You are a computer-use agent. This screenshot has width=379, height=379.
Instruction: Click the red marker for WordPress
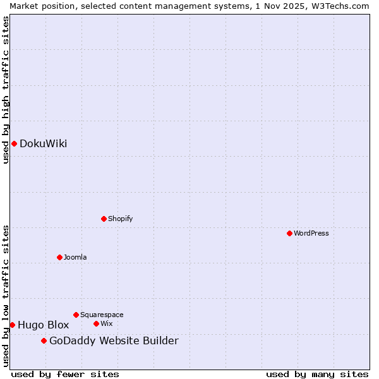[x=289, y=233]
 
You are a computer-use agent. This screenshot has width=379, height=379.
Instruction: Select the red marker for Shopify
[x=104, y=219]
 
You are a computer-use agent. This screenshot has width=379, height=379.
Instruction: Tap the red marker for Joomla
[x=59, y=257]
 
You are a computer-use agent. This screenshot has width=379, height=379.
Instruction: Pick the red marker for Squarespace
[x=76, y=315]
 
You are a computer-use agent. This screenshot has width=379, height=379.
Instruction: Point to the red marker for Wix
[x=96, y=323]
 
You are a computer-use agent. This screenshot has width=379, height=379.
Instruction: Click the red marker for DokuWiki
[x=14, y=143]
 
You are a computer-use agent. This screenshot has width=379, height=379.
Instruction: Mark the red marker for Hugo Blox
[x=12, y=325]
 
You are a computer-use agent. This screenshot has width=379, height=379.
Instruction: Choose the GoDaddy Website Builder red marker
[x=44, y=341]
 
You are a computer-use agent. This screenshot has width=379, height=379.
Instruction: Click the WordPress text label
[x=311, y=233]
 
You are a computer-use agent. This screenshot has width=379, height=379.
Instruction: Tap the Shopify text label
[x=120, y=219]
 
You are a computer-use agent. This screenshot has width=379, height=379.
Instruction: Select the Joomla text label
[x=75, y=257]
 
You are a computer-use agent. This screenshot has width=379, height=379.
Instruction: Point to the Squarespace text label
[x=102, y=315]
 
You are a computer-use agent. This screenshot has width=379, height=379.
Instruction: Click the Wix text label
[x=107, y=323]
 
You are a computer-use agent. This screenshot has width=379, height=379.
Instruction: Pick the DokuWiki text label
[x=43, y=143]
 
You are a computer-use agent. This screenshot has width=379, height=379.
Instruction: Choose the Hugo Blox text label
[x=43, y=325]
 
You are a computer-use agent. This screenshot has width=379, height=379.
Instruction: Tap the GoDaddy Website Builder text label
[x=114, y=341]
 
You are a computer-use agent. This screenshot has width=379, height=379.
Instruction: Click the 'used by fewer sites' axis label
[x=65, y=375]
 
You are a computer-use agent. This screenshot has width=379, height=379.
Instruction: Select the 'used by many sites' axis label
[x=317, y=375]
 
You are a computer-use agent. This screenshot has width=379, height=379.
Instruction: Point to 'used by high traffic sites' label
[x=6, y=90]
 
